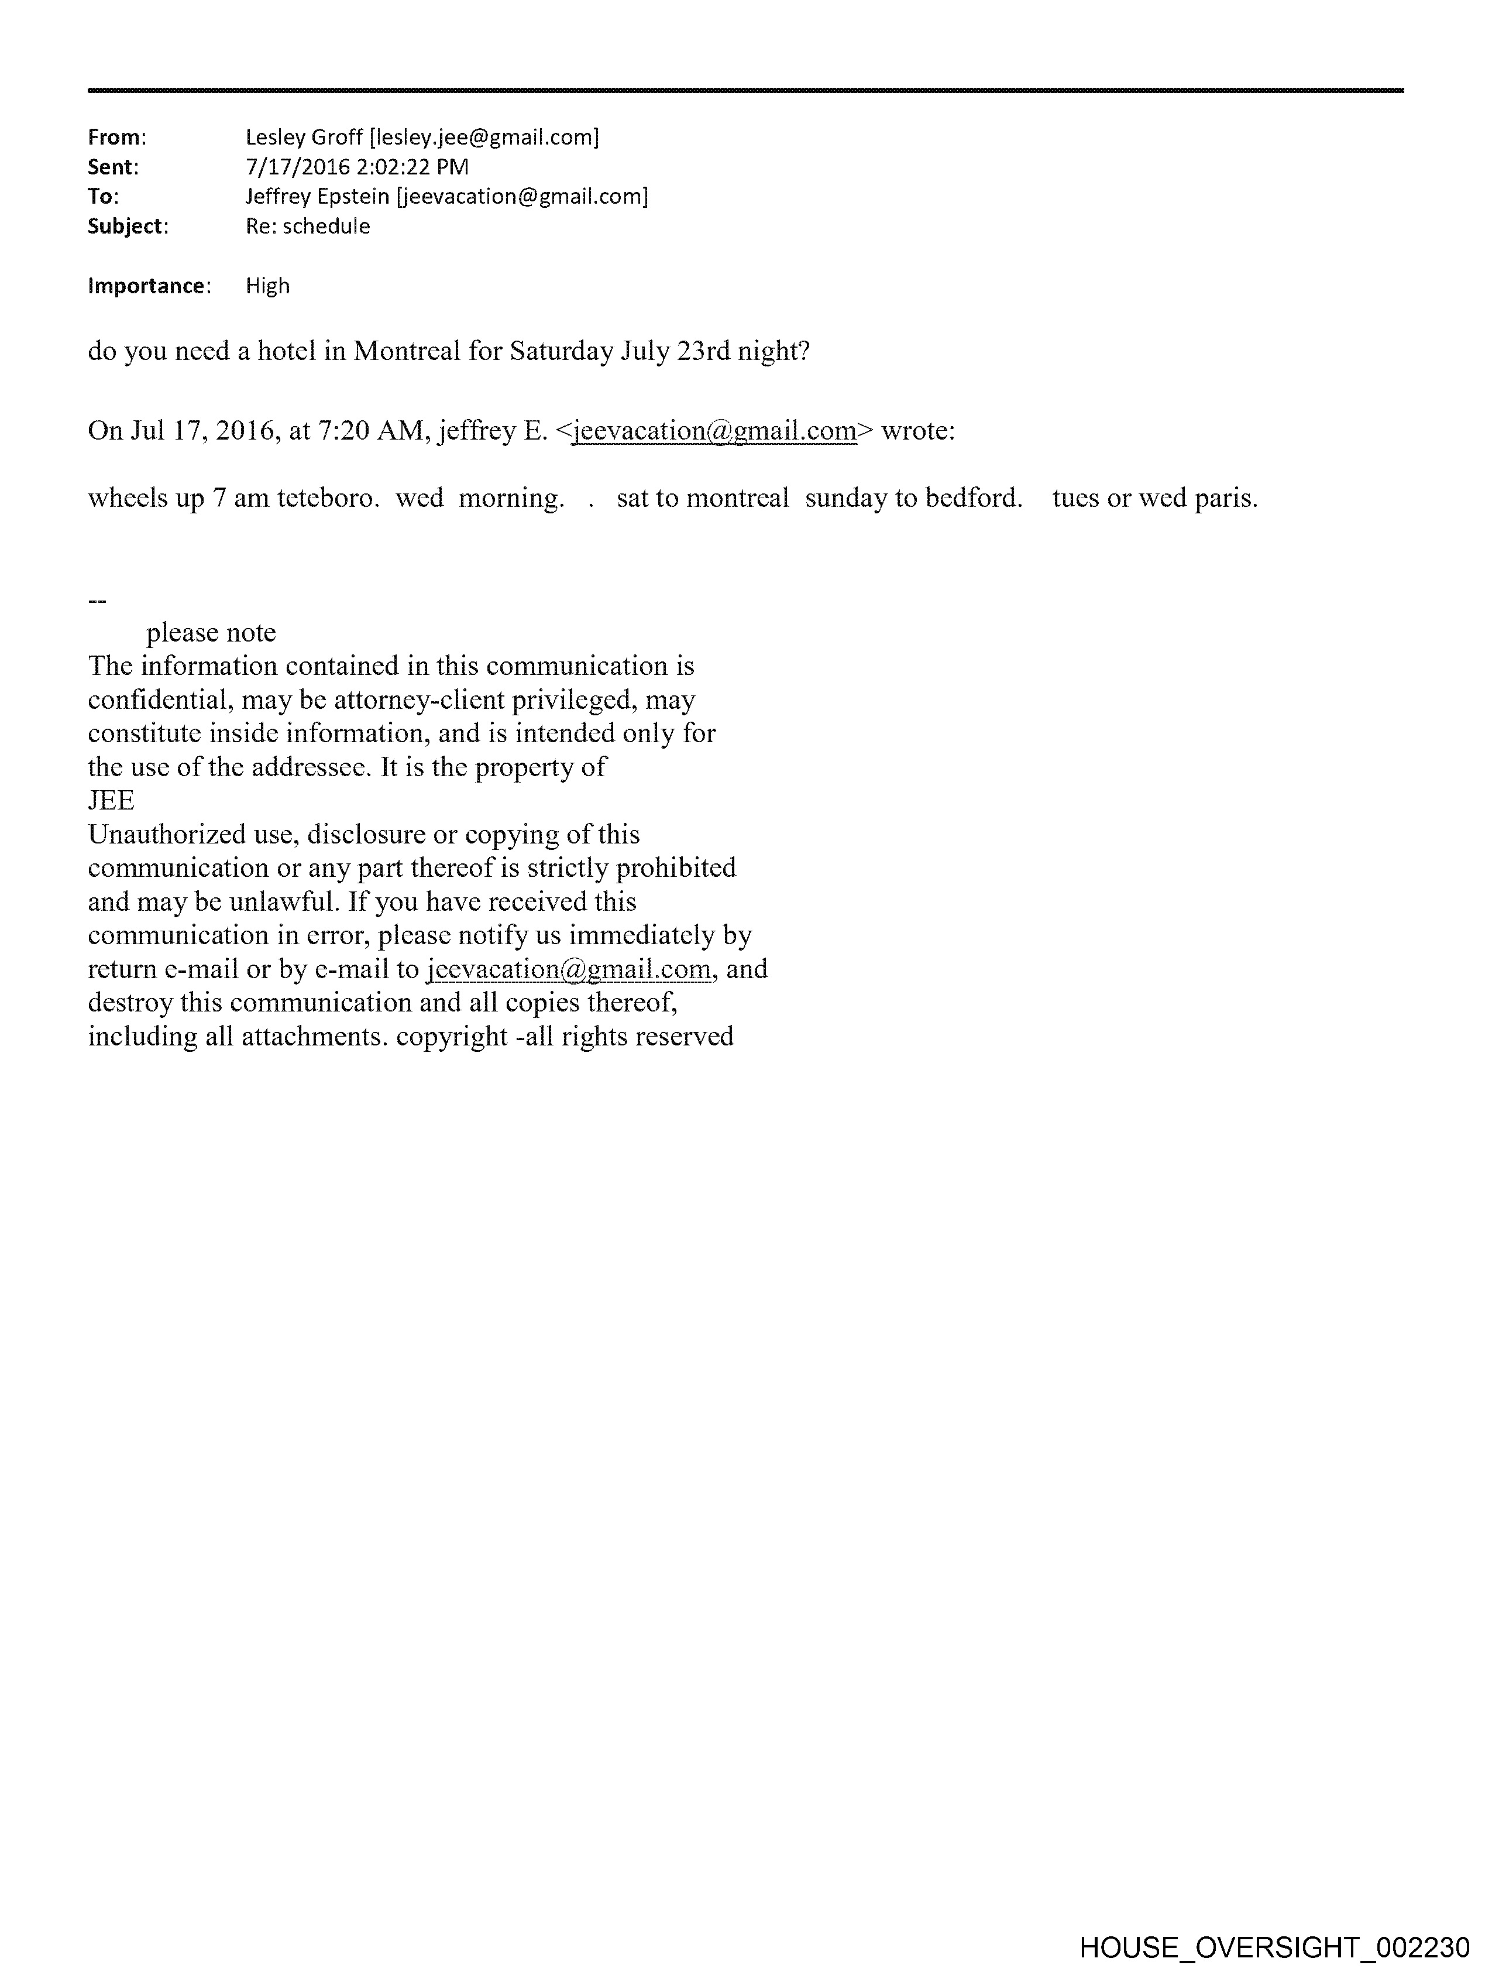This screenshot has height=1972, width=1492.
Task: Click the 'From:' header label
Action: tap(116, 138)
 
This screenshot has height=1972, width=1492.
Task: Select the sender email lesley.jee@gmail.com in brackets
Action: tap(484, 138)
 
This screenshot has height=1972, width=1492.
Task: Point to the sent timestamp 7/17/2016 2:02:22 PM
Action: tap(356, 167)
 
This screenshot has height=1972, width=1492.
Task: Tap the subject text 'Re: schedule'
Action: tap(308, 227)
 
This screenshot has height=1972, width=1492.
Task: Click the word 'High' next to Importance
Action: tap(267, 286)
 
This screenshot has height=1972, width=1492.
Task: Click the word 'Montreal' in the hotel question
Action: tap(407, 351)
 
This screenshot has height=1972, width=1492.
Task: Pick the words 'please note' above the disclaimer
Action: tap(211, 633)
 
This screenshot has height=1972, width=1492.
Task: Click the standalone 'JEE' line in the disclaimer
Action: tap(111, 801)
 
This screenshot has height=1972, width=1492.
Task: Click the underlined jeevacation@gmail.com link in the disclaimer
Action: tap(569, 969)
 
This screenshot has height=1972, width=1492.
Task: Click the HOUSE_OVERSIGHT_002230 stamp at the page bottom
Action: tap(1274, 1947)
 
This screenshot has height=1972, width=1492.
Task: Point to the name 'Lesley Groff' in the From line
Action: tap(304, 138)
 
